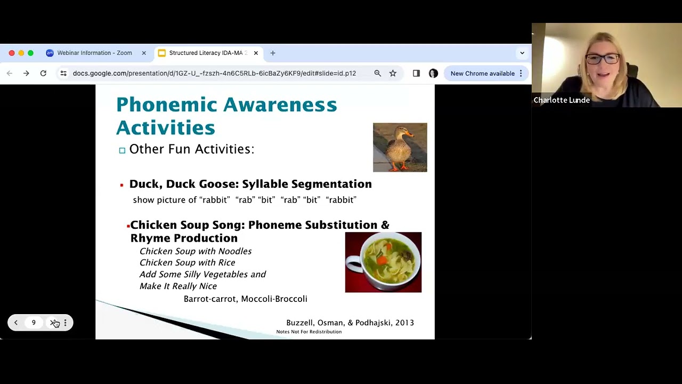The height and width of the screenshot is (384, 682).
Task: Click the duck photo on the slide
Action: click(400, 147)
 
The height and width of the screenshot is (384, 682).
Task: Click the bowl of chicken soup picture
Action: click(383, 262)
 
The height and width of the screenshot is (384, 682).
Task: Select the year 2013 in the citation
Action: click(404, 323)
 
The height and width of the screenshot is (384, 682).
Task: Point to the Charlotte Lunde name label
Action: click(562, 100)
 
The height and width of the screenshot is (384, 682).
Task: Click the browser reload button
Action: click(43, 73)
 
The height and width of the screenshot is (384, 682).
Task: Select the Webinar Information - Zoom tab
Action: click(94, 53)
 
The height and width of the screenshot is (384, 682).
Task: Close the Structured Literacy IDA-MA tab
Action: click(256, 53)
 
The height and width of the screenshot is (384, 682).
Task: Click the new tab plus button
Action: click(273, 53)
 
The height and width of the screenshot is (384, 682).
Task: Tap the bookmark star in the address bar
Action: click(393, 73)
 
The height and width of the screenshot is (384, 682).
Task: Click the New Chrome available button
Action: click(482, 73)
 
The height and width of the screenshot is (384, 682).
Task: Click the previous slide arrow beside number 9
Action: click(16, 323)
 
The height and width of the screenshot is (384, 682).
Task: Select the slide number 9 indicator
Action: click(34, 323)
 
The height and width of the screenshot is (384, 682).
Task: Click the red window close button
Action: click(12, 53)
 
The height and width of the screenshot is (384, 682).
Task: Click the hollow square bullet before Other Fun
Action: click(122, 150)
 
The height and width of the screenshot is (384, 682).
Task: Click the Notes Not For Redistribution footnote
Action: click(308, 332)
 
